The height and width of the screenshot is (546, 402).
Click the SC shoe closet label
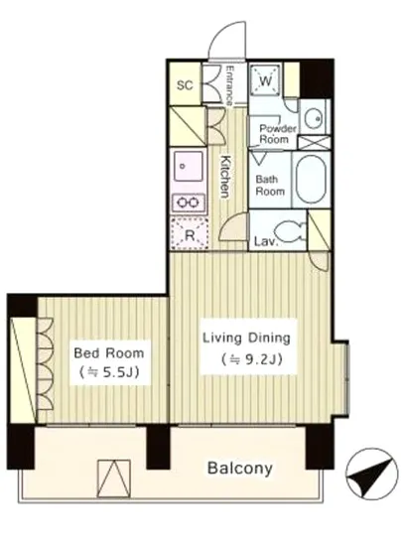[x=185, y=85]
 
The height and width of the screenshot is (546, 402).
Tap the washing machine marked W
[x=265, y=80]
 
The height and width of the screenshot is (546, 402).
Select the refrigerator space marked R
[x=190, y=234]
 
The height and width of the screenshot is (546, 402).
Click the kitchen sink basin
[x=189, y=166]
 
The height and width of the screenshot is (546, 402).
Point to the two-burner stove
[x=189, y=202]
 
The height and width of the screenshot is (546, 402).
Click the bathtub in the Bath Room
[x=311, y=179]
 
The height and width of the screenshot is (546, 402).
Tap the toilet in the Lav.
[x=290, y=231]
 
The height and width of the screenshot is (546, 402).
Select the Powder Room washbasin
[x=314, y=118]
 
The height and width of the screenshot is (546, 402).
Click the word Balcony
[x=240, y=468]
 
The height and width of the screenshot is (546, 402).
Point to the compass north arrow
[x=371, y=475]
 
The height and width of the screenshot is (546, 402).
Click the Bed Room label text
[x=109, y=353]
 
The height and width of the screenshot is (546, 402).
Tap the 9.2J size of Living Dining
[x=251, y=359]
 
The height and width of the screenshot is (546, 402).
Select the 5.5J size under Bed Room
[x=109, y=372]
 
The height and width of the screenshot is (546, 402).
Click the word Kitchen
[x=226, y=177]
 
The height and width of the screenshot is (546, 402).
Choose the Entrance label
[x=229, y=85]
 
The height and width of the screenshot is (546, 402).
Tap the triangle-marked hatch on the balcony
[x=114, y=478]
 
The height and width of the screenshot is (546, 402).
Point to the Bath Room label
[x=270, y=186]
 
